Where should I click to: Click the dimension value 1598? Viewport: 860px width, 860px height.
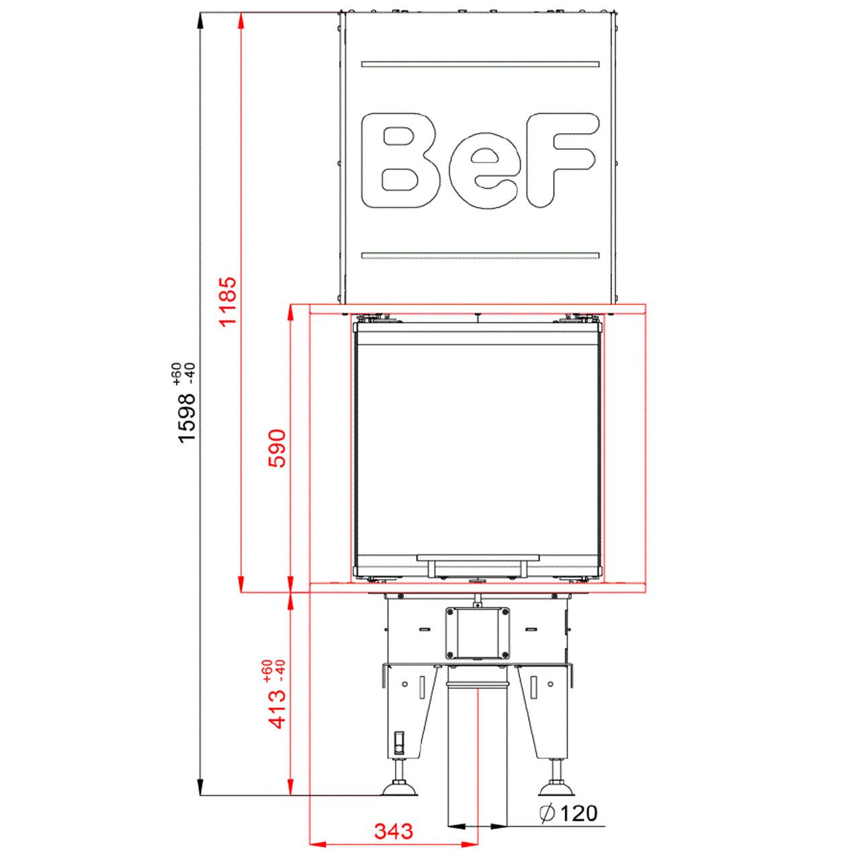[187, 418]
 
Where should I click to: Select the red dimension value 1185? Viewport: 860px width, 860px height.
[229, 302]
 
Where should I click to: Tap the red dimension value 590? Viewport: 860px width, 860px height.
[277, 448]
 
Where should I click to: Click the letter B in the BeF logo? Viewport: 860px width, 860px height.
[400, 161]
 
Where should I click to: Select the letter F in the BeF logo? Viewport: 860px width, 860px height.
[562, 160]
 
